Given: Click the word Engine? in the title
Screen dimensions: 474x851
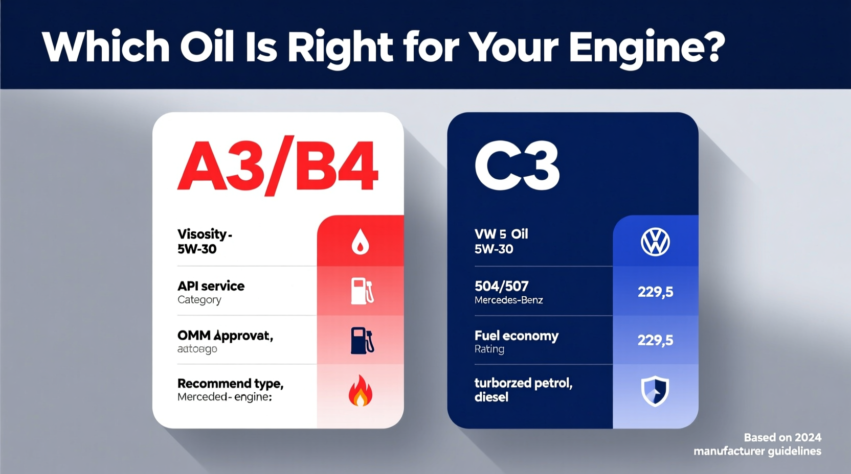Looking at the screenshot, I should tap(646, 47).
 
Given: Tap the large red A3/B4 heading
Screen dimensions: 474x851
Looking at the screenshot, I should tap(278, 166).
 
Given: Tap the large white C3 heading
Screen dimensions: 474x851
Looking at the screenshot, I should tap(517, 167).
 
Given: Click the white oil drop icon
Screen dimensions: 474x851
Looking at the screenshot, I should tap(360, 241).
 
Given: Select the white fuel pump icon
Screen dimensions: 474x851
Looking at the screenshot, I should tap(362, 291).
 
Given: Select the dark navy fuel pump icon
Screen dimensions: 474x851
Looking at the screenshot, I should tap(362, 341).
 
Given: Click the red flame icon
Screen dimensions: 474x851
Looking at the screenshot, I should tap(360, 391).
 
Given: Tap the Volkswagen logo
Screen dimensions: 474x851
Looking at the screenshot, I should tap(655, 242).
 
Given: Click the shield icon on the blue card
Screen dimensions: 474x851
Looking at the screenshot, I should tap(655, 391).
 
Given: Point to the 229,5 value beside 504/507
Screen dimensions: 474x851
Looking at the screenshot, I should tap(655, 292).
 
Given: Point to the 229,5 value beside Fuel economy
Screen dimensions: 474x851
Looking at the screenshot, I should tap(655, 340).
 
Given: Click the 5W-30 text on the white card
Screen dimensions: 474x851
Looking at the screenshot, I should tap(197, 249).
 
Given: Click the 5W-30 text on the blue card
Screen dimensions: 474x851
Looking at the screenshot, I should tap(494, 249).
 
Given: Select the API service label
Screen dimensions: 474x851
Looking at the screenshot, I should tap(211, 286).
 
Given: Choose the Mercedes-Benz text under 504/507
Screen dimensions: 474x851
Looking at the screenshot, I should tap(508, 300).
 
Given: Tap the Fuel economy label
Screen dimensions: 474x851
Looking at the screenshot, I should tap(516, 336).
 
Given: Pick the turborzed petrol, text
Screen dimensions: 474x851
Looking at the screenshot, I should tap(523, 383).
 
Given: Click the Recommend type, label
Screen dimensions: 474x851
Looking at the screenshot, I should tap(230, 384).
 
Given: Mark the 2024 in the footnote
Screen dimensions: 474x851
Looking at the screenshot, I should tap(808, 438).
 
